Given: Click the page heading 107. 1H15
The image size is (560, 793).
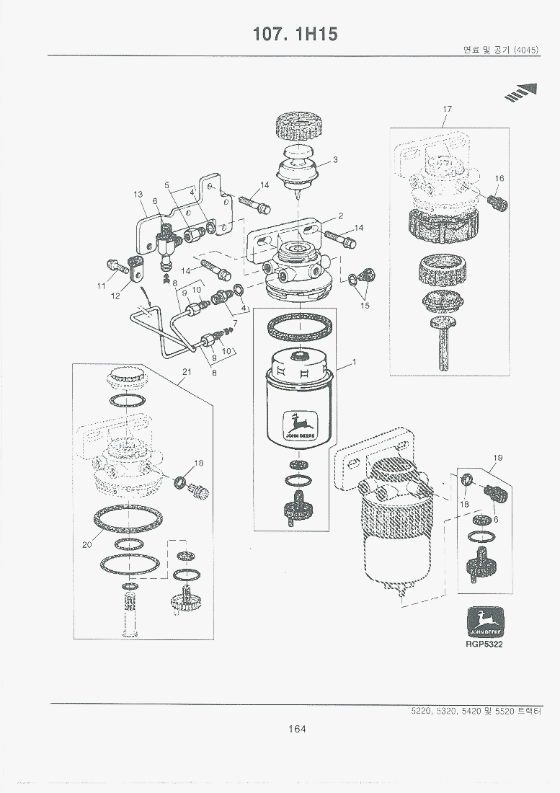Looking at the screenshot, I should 295,34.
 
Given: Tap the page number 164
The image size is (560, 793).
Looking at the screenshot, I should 296,729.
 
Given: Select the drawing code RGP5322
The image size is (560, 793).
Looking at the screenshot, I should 484,644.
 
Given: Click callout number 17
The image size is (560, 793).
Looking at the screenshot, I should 447,109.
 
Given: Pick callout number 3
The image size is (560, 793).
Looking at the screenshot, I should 335,159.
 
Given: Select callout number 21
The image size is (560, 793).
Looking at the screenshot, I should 186,372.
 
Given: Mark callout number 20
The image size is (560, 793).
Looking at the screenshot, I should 87,545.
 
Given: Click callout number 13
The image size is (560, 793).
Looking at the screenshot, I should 138,194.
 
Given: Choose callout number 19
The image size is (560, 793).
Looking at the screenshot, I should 497,458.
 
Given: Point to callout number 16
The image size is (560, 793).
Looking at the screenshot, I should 499,178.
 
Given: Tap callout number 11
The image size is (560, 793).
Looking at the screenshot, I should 102,286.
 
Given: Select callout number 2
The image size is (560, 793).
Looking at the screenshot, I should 340,215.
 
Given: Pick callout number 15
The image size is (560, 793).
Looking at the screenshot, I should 365,306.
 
